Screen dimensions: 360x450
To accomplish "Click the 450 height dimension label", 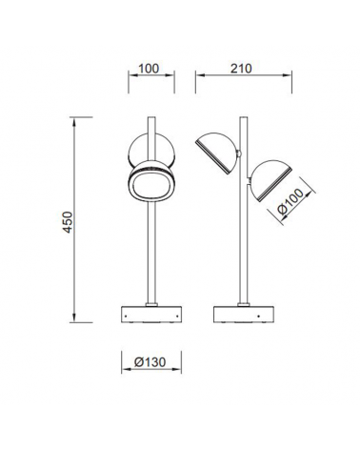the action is click(69, 222).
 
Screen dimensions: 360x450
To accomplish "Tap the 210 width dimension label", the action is click(241, 69).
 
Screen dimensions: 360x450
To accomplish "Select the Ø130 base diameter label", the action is click(150, 362).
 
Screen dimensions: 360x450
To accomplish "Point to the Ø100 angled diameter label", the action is click(290, 202).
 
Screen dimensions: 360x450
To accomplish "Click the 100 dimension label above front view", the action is click(149, 69).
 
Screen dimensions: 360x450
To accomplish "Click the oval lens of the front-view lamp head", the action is click(151, 186).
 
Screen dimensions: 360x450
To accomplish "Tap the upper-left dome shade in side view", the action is click(217, 152).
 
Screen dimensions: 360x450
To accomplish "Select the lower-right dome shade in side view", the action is click(270, 179).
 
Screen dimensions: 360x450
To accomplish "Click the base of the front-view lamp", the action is click(151, 314).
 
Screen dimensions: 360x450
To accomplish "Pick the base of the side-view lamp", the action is click(244, 314).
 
